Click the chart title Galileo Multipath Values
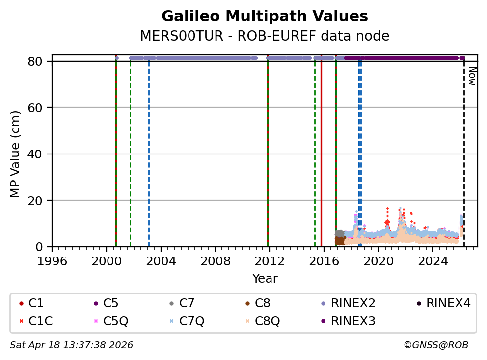265,16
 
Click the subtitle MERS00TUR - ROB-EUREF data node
265,36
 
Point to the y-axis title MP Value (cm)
16,154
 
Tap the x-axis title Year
265,279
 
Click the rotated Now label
472,76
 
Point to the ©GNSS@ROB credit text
435,345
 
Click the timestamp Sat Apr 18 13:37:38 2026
71,345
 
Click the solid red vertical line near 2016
321,147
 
